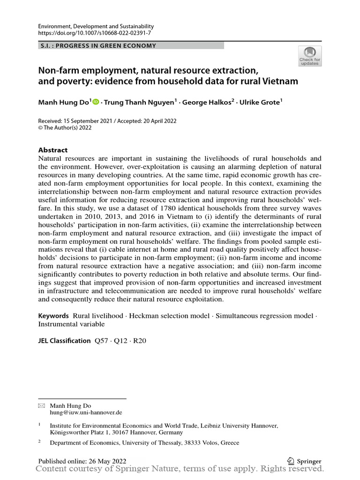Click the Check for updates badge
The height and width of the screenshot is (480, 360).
pyautogui.click(x=310, y=56)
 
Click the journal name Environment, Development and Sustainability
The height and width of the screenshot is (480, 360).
pyautogui.click(x=96, y=27)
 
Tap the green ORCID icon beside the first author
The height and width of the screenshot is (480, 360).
pyautogui.click(x=96, y=102)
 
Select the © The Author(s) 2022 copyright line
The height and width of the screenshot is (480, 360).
pyautogui.click(x=65, y=127)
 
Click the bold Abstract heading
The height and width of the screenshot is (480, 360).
pyautogui.click(x=52, y=150)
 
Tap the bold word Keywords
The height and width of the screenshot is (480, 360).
pyautogui.click(x=53, y=316)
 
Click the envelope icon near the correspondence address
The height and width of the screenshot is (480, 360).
pyautogui.click(x=41, y=405)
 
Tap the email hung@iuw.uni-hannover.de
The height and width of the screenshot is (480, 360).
pyautogui.click(x=86, y=412)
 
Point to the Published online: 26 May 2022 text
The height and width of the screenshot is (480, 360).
pyautogui.click(x=82, y=461)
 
